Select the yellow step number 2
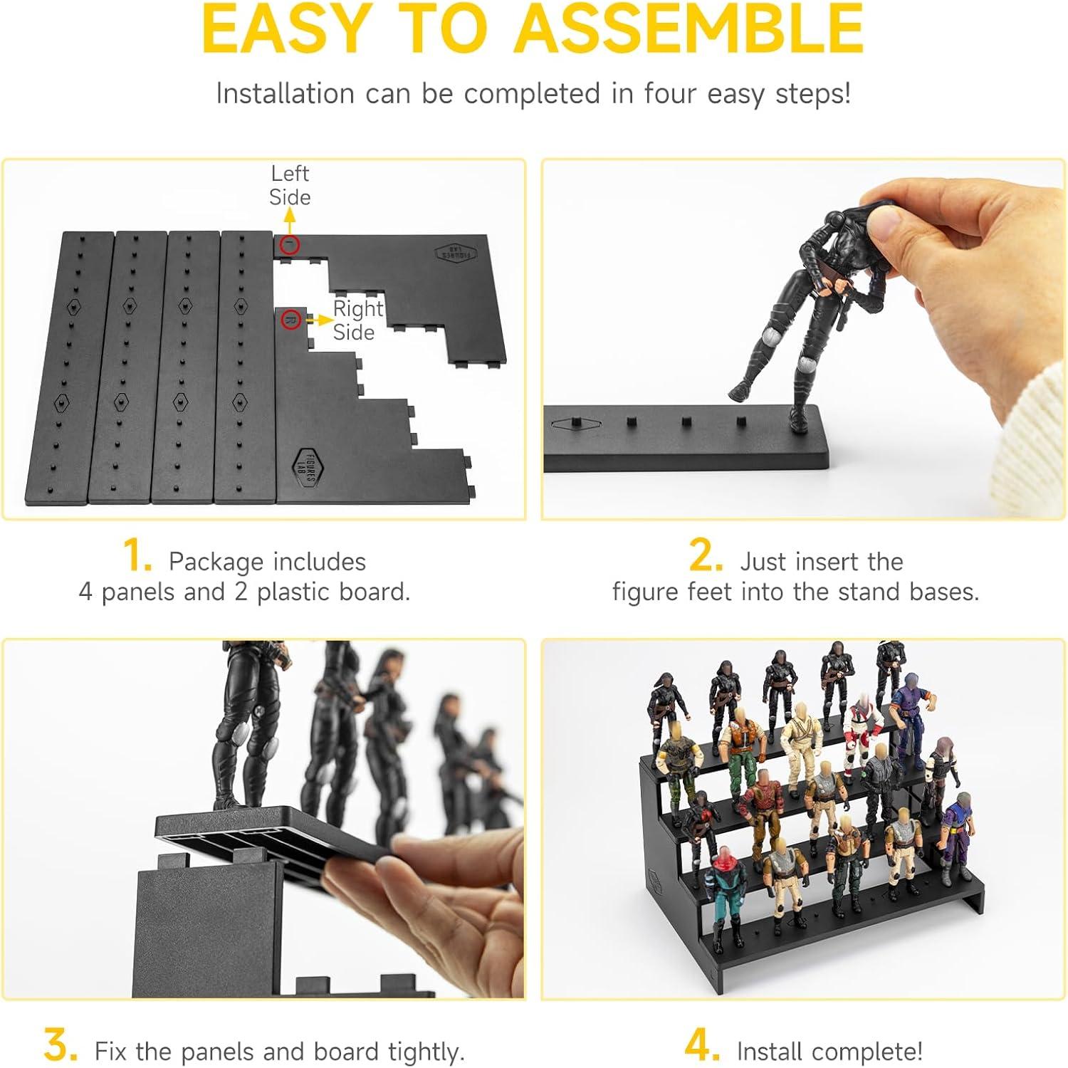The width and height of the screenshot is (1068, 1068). coord(706,556)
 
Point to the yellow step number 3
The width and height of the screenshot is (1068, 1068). coord(61,1046)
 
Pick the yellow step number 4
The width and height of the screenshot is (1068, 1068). coord(702,1046)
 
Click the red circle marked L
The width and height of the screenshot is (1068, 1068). coord(290,245)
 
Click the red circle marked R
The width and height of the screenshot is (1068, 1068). coord(290,319)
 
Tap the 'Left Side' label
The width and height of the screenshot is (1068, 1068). coord(290,185)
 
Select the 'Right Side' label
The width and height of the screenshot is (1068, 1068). coord(358,320)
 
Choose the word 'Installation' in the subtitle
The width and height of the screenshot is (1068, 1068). coord(285,93)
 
